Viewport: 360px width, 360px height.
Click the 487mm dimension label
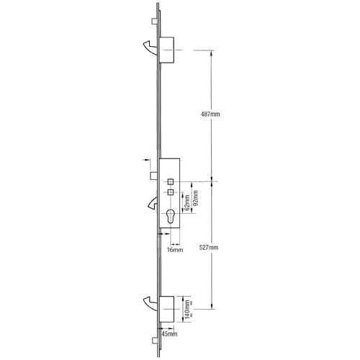click(210, 114)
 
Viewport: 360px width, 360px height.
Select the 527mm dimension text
click(210, 247)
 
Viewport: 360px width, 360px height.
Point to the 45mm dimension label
click(170, 335)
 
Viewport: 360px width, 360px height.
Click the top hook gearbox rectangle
click(167, 48)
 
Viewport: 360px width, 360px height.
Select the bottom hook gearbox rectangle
click(167, 309)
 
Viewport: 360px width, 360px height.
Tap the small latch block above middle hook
click(154, 175)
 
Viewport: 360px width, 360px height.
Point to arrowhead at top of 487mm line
click(212, 51)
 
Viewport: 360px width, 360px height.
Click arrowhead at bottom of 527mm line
click(212, 308)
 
